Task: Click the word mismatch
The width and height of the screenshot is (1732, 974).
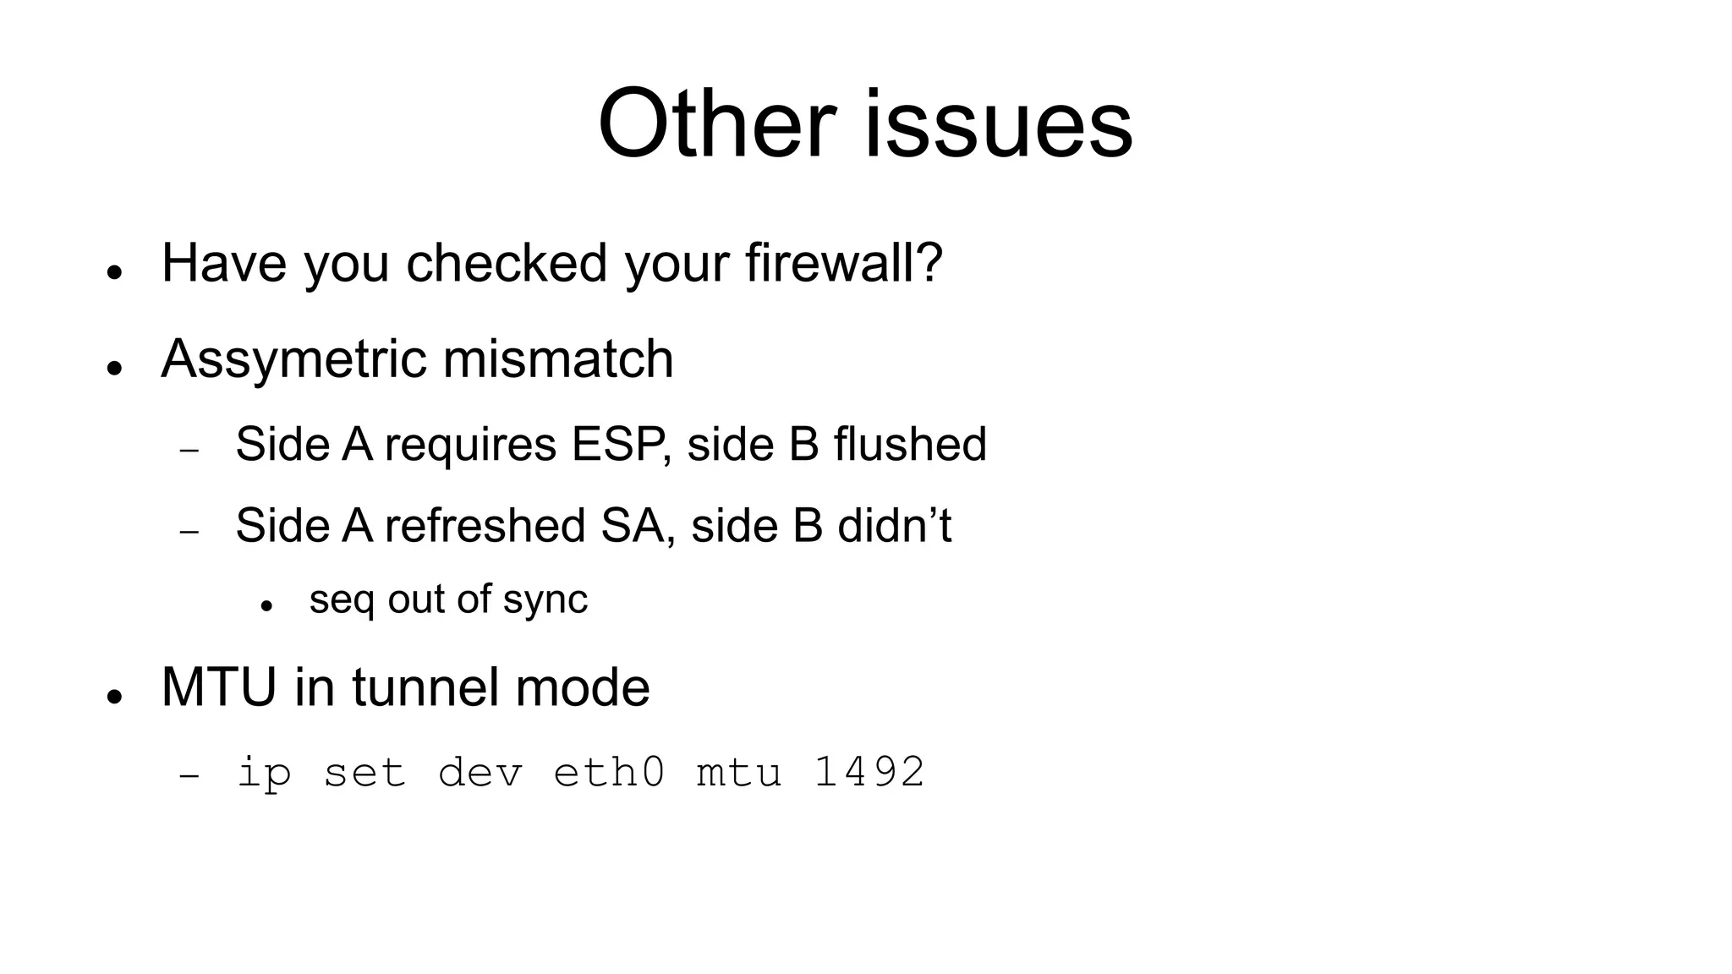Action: tap(558, 358)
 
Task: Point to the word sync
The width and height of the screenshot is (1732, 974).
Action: tap(545, 600)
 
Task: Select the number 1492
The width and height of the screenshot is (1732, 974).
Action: tap(869, 772)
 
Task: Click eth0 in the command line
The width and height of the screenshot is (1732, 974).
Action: tap(609, 772)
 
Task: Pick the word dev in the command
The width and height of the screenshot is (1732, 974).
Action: tap(480, 772)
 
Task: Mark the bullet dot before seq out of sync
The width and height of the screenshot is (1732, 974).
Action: tap(266, 605)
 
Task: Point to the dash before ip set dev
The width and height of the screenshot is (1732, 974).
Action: tap(189, 774)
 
